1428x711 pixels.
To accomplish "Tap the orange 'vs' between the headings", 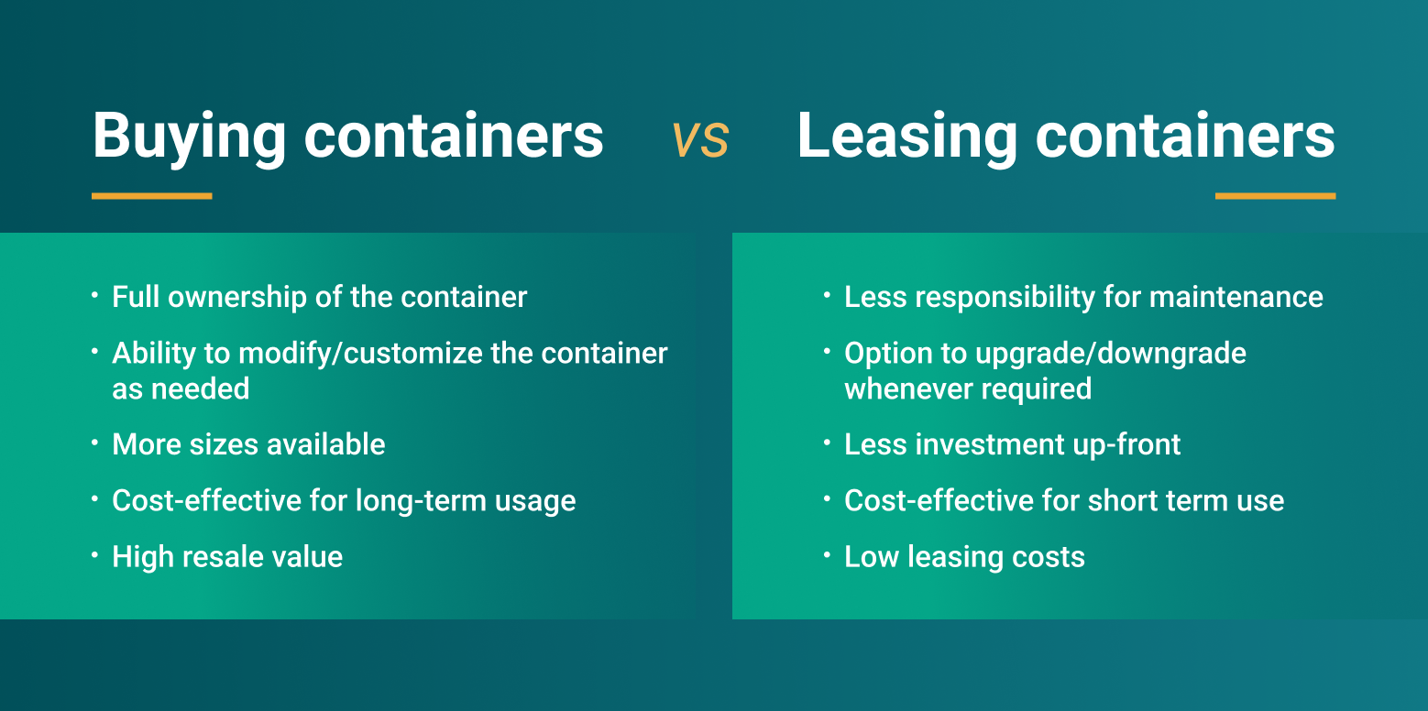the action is point(700,139).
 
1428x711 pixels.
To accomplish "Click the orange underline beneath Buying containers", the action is point(152,196).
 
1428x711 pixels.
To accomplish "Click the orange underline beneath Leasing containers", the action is point(1275,196).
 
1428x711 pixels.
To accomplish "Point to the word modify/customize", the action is point(360,355).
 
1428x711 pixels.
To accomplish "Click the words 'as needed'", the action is point(181,389).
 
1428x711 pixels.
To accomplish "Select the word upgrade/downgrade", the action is point(1111,355).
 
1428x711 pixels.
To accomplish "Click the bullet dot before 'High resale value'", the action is point(94,555).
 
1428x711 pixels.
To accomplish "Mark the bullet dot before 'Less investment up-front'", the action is point(827,443).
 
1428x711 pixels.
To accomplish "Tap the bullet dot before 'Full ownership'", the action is point(94,295).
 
